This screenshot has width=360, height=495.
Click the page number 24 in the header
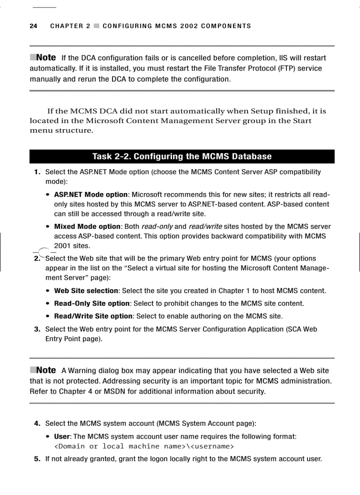coord(33,26)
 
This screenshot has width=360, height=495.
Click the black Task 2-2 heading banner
coord(182,156)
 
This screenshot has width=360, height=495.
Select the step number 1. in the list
coord(38,172)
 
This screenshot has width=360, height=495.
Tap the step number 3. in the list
coord(38,329)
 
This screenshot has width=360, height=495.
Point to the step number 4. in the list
coord(38,424)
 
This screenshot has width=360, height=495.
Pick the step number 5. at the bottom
coord(38,459)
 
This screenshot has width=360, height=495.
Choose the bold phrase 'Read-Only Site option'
coord(92,304)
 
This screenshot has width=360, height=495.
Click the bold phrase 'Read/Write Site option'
coord(93,316)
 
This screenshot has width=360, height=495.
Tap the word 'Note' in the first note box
coord(46,58)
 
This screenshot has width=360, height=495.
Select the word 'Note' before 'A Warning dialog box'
coord(46,370)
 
